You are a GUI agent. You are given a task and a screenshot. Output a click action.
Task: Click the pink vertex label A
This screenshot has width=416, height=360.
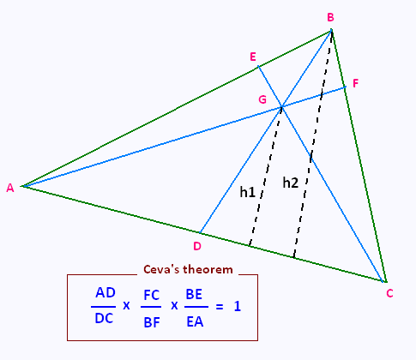[10, 188]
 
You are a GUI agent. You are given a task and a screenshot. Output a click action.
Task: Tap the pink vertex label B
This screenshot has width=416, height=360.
[330, 17]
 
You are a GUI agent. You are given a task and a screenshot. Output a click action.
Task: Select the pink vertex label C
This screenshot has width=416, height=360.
[389, 293]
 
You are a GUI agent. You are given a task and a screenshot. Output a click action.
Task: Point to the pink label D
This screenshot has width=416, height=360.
[197, 246]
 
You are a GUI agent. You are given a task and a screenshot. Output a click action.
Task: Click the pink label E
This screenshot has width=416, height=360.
[253, 57]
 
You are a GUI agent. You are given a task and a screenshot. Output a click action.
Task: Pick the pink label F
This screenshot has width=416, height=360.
[355, 83]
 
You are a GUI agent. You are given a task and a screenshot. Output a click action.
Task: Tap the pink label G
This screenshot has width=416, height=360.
[262, 99]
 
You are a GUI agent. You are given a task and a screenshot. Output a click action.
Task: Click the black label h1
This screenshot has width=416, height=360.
[247, 192]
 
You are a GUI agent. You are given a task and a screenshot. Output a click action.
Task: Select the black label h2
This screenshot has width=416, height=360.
[291, 183]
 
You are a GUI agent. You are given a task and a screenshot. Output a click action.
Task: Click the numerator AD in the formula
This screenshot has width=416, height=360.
[106, 292]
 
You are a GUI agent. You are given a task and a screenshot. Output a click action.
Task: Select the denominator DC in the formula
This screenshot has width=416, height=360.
[104, 318]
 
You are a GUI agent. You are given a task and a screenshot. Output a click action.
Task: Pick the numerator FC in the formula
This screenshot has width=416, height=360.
[152, 295]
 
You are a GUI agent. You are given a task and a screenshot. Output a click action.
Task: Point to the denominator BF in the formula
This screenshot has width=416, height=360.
[152, 322]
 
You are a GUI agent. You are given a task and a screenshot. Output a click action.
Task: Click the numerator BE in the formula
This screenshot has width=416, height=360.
[194, 294]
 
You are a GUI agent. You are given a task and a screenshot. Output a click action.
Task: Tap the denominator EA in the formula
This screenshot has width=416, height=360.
[195, 321]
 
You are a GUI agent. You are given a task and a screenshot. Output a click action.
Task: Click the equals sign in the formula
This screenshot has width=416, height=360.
[220, 307]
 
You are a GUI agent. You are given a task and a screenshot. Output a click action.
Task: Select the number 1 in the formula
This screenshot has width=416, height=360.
[238, 307]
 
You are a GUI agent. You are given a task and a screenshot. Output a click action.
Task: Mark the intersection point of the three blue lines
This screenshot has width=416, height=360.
[281, 107]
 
